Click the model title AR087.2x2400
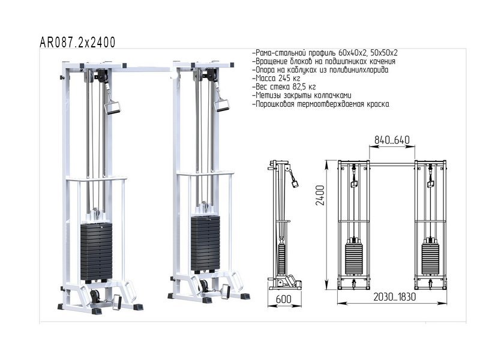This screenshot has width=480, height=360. coord(77,42)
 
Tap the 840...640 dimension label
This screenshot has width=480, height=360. coord(392,140)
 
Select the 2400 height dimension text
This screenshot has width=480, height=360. coord(320,196)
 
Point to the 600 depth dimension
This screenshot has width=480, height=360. coord(283,299)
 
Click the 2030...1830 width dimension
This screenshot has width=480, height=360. coord(394,296)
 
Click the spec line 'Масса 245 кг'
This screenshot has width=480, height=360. coord(276,78)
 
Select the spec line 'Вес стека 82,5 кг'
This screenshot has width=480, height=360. coord(284,86)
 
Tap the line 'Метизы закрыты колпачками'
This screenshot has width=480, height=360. coord(302,95)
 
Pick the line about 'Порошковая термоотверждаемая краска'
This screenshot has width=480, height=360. coord(321,104)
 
